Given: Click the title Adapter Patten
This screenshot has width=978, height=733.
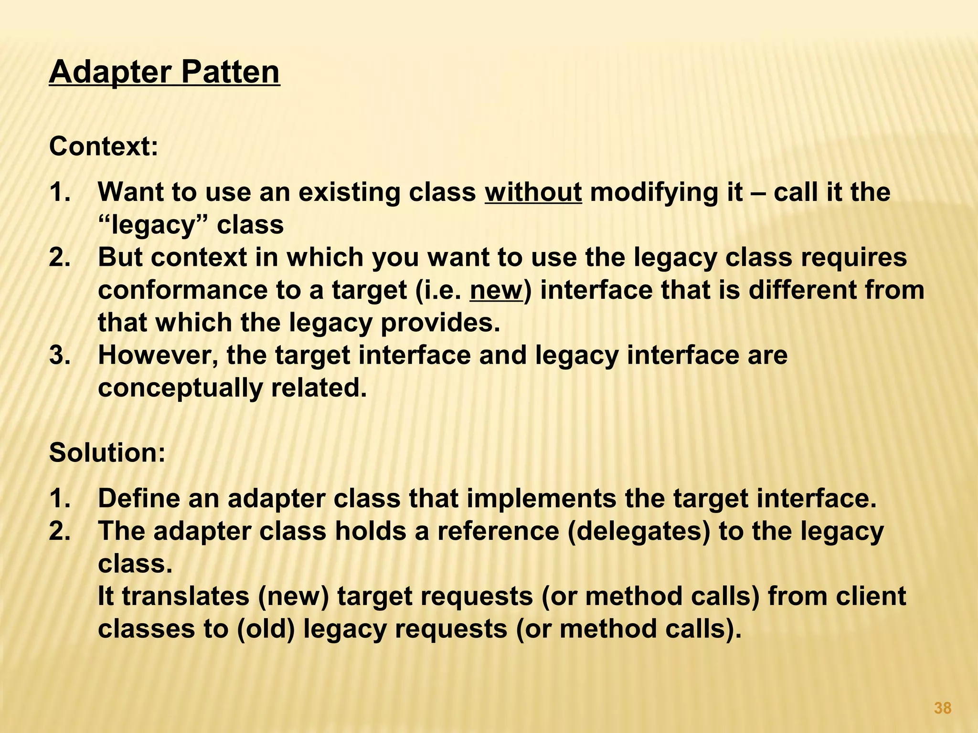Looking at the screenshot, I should (164, 72).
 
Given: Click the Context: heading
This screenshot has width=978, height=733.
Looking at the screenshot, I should (103, 146).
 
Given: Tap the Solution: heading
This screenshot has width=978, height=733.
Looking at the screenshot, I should (107, 452).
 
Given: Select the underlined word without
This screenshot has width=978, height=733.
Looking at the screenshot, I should (533, 192).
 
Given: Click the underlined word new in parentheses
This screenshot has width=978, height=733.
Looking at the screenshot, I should (496, 290).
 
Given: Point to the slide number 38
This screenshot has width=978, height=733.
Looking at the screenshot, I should (942, 708).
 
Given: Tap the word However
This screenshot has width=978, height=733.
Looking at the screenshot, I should (158, 356).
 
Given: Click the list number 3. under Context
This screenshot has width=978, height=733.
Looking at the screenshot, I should (60, 356).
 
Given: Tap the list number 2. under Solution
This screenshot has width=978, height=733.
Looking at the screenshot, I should (60, 531).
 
